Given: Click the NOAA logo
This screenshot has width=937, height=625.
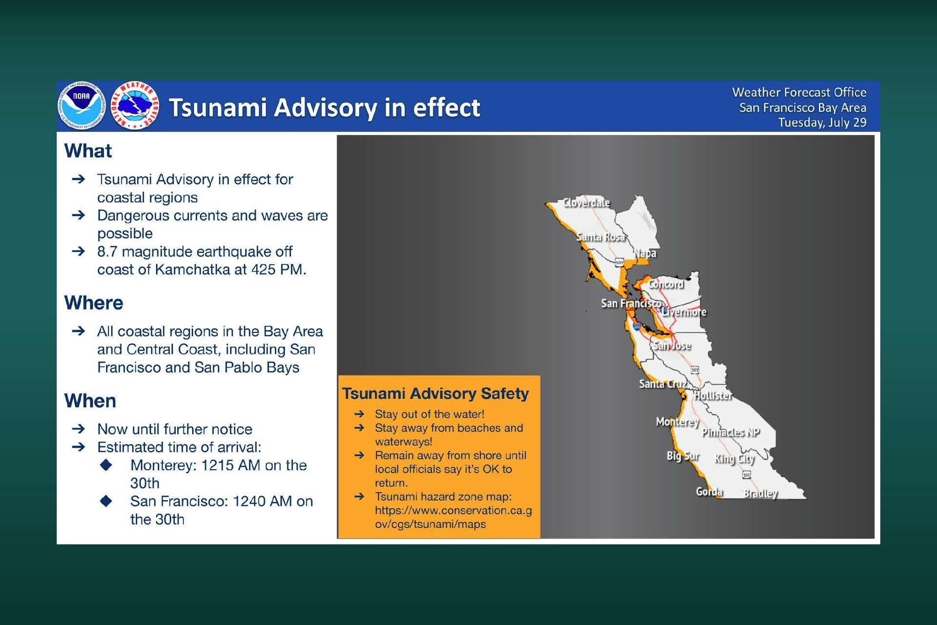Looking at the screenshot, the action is [81, 105].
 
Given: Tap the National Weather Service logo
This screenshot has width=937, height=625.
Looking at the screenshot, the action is [135, 105].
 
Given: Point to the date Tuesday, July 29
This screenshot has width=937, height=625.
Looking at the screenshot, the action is [822, 123].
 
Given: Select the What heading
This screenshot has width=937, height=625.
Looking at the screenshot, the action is [88, 151].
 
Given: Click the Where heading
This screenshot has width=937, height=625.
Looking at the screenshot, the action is [94, 303].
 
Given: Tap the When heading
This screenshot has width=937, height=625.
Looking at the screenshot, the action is [90, 401].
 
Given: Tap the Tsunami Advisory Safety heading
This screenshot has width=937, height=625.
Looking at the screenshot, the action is [435, 394].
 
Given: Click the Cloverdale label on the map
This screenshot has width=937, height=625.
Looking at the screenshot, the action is [586, 203].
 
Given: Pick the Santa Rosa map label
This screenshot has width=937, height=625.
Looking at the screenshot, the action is [601, 237].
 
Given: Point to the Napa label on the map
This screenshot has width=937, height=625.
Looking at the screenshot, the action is [645, 253].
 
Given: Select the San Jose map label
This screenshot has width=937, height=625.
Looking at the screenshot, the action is [672, 346].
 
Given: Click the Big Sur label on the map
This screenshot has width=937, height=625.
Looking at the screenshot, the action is [683, 456].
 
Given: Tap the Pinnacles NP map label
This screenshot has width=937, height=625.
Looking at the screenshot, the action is [731, 432].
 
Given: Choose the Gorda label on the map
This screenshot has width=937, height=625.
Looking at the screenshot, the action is [709, 492].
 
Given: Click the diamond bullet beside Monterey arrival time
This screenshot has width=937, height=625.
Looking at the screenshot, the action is [106, 465].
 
